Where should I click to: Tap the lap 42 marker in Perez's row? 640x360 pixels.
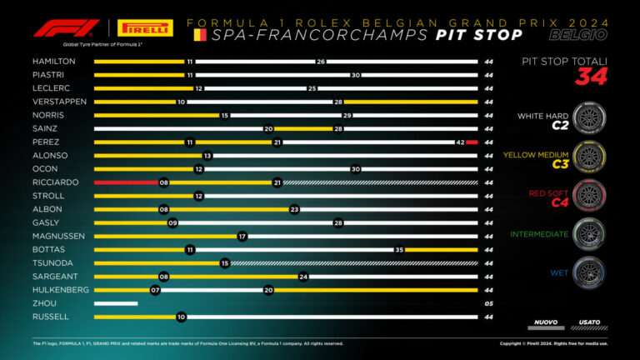tap(460, 142)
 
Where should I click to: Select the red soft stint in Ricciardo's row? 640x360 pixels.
tap(125, 181)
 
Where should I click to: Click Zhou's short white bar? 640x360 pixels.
tap(116, 304)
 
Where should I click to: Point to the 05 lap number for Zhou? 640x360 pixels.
tap(489, 304)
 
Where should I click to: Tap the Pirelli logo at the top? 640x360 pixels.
tap(146, 28)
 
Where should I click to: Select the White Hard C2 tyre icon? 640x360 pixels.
tap(589, 119)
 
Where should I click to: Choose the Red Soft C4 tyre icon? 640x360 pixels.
tap(589, 195)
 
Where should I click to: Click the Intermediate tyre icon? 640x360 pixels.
tap(589, 233)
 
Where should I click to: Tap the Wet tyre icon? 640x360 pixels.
tap(589, 272)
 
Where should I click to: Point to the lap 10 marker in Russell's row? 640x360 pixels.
tap(181, 317)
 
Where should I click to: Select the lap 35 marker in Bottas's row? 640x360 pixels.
tap(399, 249)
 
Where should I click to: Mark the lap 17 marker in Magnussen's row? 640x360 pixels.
tap(242, 236)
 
